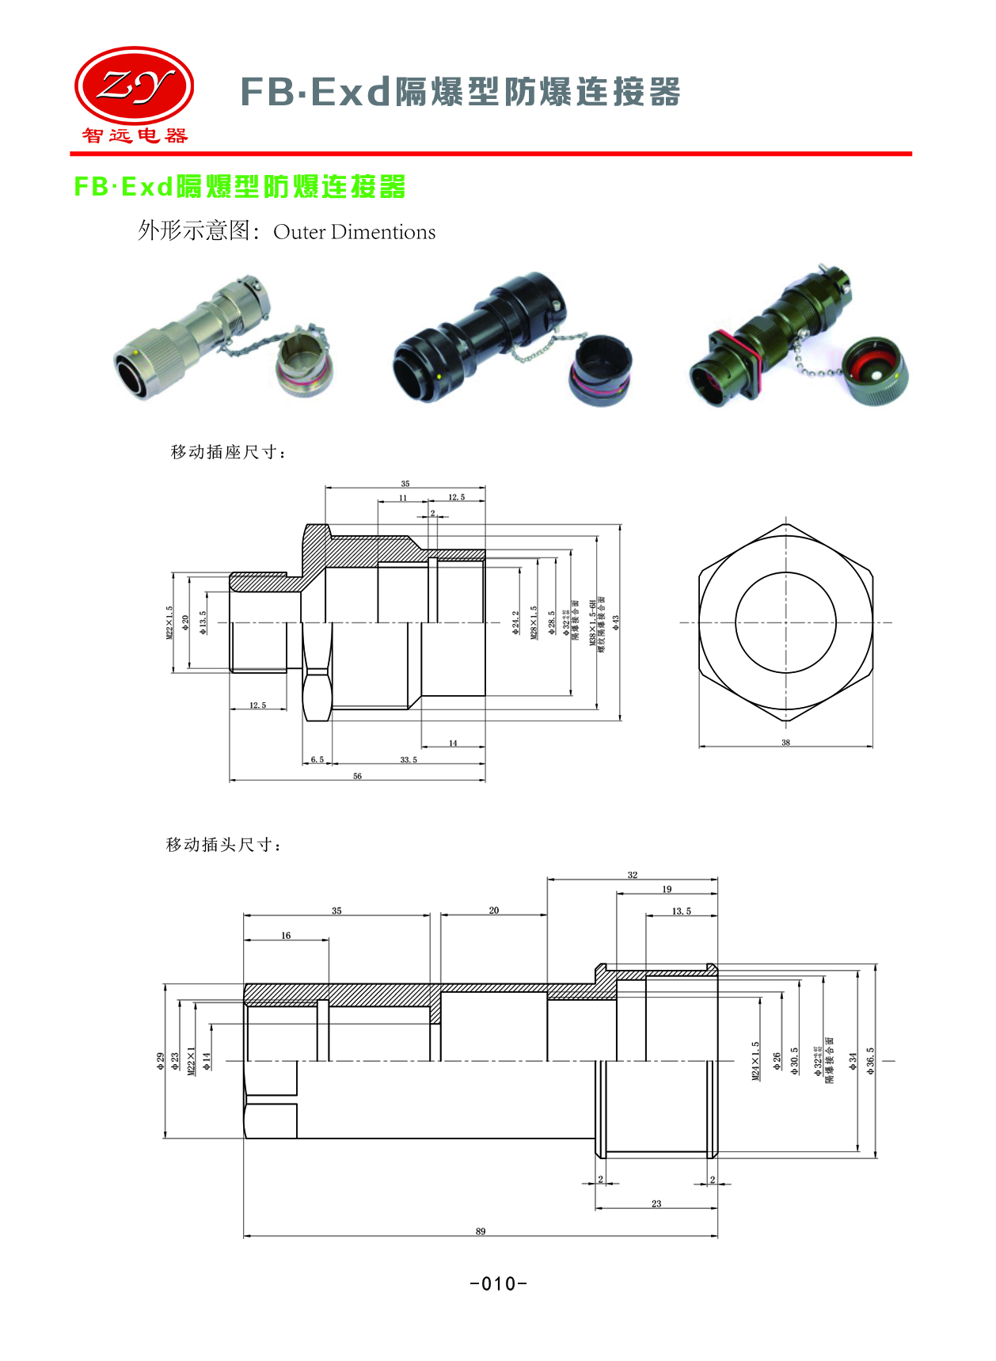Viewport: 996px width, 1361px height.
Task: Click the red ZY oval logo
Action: point(134,86)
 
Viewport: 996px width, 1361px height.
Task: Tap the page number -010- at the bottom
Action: point(498,1283)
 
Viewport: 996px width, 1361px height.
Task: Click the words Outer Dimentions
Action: point(354,232)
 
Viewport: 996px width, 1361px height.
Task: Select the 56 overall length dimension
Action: point(357,776)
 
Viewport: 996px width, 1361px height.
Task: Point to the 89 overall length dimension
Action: point(481,1231)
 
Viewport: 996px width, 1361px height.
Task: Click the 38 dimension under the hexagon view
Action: point(785,742)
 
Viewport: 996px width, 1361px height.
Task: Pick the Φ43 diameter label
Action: point(615,622)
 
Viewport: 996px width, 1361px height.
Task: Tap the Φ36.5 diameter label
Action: point(870,1061)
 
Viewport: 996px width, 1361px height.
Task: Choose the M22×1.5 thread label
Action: point(169,622)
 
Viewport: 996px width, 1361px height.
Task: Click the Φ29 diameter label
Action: point(161,1062)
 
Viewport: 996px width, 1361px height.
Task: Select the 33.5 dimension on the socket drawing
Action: point(409,759)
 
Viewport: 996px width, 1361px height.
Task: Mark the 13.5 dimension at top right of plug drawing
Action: point(681,911)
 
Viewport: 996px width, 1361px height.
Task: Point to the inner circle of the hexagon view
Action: point(785,622)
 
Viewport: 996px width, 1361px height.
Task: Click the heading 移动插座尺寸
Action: point(228,452)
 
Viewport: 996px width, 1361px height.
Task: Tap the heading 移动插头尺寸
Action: point(223,845)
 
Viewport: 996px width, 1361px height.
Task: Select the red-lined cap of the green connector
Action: point(874,371)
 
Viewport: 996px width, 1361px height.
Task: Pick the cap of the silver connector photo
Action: point(305,362)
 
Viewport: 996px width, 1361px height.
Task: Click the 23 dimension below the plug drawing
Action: point(656,1203)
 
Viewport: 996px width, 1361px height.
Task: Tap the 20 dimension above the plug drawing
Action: point(494,911)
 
